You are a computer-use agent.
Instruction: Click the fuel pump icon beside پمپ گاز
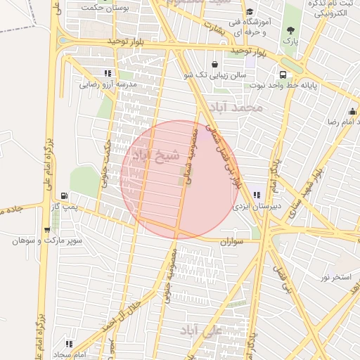tap(65, 195)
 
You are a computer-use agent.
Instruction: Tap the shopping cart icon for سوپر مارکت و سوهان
tap(46, 229)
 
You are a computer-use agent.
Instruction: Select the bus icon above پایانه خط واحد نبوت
tap(283, 75)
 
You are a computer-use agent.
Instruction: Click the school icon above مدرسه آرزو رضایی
tap(107, 73)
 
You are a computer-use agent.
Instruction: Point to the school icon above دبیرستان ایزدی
tap(257, 195)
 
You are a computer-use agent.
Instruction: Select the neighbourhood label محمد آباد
tap(239, 108)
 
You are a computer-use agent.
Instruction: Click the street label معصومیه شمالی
tap(193, 155)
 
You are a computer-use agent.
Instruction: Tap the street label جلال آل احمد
tap(139, 301)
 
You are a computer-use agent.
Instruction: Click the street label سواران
tap(236, 240)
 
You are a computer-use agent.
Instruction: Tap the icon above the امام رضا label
tap(352, 111)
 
